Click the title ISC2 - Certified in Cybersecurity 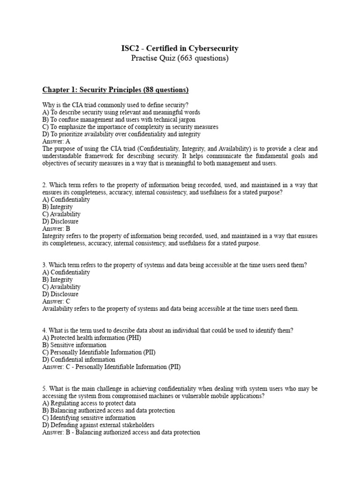coord(180,48)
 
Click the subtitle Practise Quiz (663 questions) coord(180,59)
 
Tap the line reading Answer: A coord(56,141)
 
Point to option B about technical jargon coord(119,120)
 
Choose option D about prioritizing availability coord(121,134)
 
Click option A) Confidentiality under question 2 coord(66,199)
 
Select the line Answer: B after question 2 coord(56,229)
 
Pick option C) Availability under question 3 coord(61,286)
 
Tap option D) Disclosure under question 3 coord(60,294)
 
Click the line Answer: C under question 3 coord(56,301)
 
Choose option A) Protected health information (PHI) coord(91,337)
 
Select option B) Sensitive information coord(74,345)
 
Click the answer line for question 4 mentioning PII coord(111,367)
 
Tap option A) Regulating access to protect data coord(89,403)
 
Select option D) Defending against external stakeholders coord(98,425)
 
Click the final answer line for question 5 coord(121,432)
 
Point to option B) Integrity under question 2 coord(58,207)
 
